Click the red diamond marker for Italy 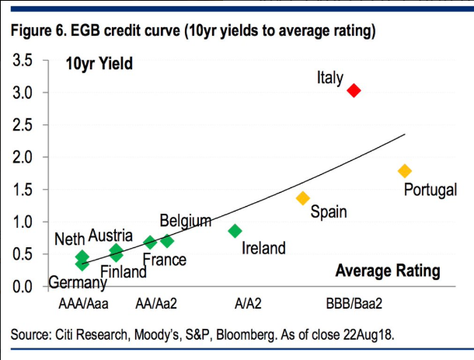pyautogui.click(x=354, y=91)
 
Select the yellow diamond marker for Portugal pyautogui.click(x=404, y=171)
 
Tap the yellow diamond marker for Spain pyautogui.click(x=303, y=198)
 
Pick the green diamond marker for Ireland pyautogui.click(x=235, y=231)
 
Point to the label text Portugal pyautogui.click(x=430, y=190)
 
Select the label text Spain pyautogui.click(x=329, y=211)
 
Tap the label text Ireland pyautogui.click(x=263, y=249)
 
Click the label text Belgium pyautogui.click(x=186, y=221)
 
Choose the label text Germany pyautogui.click(x=78, y=283)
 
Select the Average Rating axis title pyautogui.click(x=388, y=271)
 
